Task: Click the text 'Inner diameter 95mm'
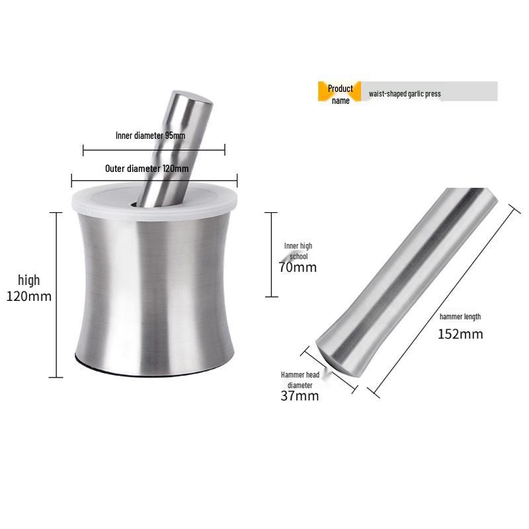(x=150, y=136)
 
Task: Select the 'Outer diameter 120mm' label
(x=147, y=169)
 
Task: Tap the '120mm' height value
(x=28, y=296)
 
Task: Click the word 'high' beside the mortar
(x=28, y=280)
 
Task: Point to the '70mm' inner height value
(x=298, y=268)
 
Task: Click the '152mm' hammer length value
(x=460, y=334)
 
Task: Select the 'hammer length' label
(x=460, y=317)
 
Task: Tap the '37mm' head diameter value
(x=300, y=396)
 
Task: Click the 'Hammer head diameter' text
(x=300, y=380)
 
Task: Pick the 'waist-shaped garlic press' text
(x=405, y=94)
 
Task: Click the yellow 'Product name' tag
(x=340, y=94)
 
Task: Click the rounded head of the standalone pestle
(x=337, y=354)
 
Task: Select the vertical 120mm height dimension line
(x=56, y=294)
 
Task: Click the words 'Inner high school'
(x=298, y=251)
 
